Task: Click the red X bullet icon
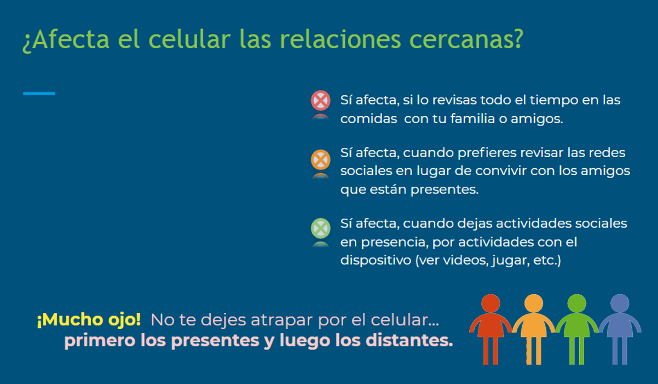(320, 100)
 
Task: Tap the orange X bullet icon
(320, 159)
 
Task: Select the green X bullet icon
(320, 228)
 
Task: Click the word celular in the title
(189, 39)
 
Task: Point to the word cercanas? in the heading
(466, 39)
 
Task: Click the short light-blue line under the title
(39, 94)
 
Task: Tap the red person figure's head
(490, 303)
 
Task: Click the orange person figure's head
(533, 303)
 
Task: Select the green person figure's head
(576, 303)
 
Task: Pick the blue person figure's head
(620, 303)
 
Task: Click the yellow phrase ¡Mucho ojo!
(89, 319)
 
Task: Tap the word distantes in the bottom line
(407, 340)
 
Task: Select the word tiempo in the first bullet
(554, 100)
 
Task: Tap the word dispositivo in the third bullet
(376, 260)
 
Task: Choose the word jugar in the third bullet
(511, 261)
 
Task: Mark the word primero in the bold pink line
(100, 341)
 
